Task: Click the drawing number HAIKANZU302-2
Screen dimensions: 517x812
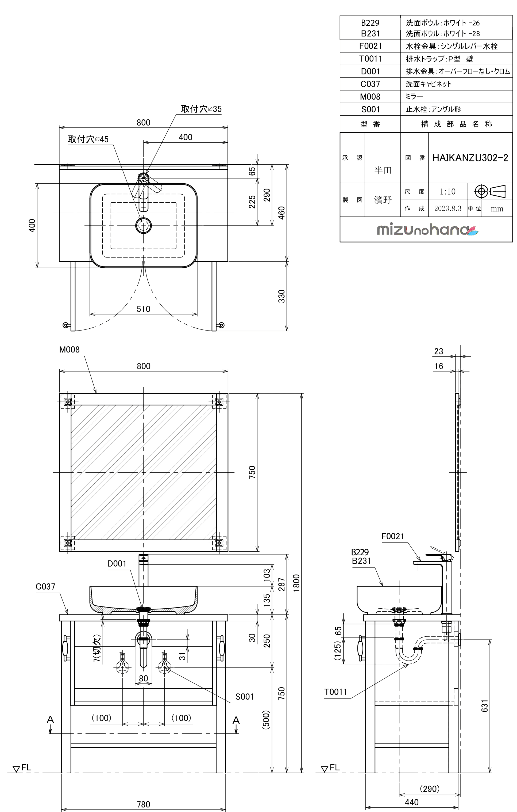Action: click(470, 158)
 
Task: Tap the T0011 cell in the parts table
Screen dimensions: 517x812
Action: click(371, 59)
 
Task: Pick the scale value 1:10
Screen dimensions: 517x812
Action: click(447, 192)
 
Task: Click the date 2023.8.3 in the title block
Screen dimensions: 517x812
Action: click(447, 208)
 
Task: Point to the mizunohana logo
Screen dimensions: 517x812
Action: click(427, 230)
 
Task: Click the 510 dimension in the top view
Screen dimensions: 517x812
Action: click(144, 309)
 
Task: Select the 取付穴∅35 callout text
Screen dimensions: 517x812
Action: click(201, 109)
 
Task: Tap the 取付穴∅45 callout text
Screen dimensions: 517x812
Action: click(88, 139)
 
